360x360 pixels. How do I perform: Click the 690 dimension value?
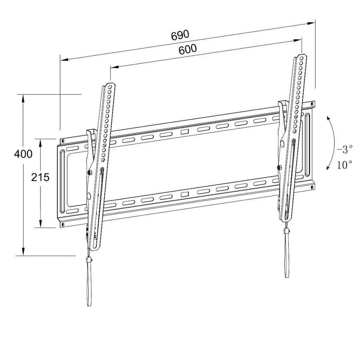click(x=180, y=35)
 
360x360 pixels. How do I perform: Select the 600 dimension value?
click(x=187, y=49)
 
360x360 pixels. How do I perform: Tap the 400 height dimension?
click(x=23, y=154)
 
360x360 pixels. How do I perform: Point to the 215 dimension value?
click(x=40, y=177)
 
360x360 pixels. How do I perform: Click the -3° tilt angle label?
click(x=344, y=150)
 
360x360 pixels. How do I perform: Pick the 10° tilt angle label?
click(x=344, y=164)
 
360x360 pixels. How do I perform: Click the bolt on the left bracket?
click(x=89, y=172)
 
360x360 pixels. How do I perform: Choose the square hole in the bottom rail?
click(x=184, y=194)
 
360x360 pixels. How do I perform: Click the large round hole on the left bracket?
click(x=89, y=196)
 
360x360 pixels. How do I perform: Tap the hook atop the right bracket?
click(x=282, y=105)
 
